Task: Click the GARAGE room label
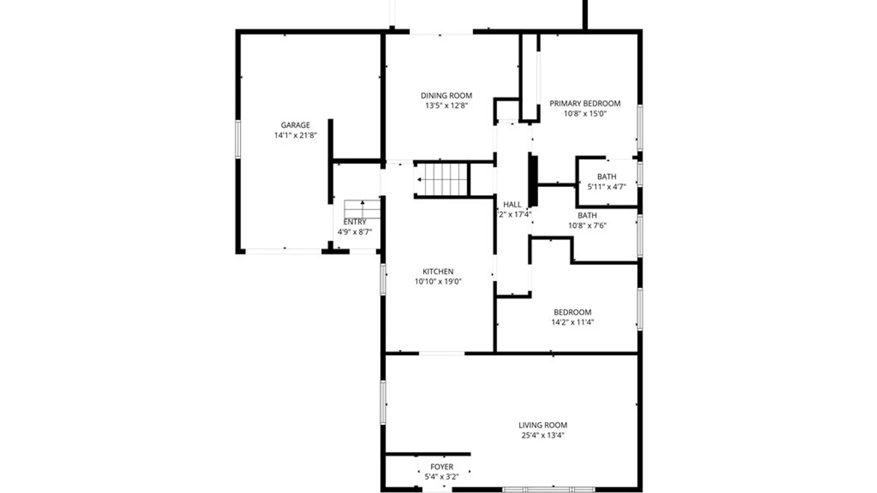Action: point(295,125)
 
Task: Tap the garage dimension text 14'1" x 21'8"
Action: point(295,135)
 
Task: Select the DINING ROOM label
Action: point(446,95)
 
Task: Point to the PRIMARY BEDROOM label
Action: point(585,104)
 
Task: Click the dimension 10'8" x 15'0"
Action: point(585,114)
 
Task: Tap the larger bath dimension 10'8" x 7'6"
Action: point(587,226)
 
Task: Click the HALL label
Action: point(512,205)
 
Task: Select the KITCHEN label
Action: point(438,271)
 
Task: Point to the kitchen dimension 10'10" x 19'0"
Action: point(438,282)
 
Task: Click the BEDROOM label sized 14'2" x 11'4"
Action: point(572,312)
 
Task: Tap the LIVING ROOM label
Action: point(543,425)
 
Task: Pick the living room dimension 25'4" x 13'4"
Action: point(543,435)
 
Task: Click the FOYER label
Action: point(442,467)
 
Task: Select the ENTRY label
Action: point(354,222)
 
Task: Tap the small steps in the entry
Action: point(362,209)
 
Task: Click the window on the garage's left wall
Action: point(238,139)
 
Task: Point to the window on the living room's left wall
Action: point(383,403)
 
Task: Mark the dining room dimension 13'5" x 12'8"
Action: point(446,105)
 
